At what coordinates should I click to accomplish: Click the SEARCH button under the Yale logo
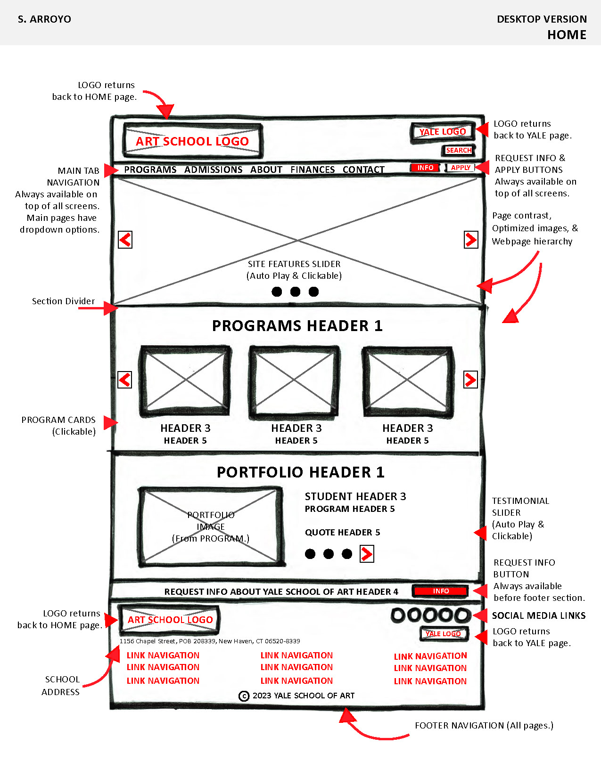tap(458, 150)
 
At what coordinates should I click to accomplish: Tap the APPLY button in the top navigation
tap(461, 168)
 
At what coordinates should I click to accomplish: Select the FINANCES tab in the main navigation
tap(313, 170)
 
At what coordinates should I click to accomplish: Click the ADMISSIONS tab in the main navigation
tap(213, 170)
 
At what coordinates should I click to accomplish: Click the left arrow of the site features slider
tap(125, 240)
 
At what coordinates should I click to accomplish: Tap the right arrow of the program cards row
tap(470, 380)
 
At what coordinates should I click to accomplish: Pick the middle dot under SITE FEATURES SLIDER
tap(295, 291)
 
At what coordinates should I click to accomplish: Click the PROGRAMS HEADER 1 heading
tap(297, 326)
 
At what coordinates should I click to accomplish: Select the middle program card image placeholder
tap(294, 381)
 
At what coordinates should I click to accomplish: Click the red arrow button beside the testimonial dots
tap(367, 554)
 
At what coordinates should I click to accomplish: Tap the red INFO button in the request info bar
tap(440, 591)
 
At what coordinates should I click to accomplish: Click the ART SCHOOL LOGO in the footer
tap(170, 620)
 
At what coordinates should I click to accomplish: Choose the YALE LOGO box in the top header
tap(442, 132)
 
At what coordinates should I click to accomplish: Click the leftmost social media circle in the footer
tap(398, 615)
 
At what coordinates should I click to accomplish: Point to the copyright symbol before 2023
tap(244, 696)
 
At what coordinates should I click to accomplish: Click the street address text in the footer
tap(209, 641)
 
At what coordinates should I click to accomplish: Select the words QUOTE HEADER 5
tap(342, 533)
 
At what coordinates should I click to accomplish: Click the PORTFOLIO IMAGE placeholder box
tap(211, 526)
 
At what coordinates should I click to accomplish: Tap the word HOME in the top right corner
tap(567, 35)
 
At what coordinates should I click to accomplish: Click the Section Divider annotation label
tap(63, 301)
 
